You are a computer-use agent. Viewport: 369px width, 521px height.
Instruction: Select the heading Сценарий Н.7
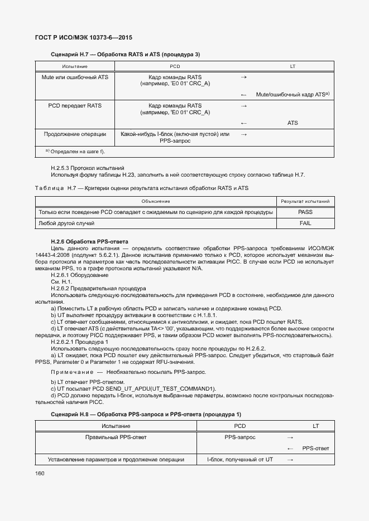pos(125,54)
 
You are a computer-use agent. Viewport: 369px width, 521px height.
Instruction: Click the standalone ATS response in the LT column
pos(293,123)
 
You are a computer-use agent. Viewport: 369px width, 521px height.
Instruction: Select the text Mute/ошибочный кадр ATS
pos(290,95)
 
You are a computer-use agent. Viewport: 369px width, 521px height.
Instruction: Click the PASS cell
pos(304,212)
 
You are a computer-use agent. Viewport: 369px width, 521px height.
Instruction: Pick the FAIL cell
pos(304,223)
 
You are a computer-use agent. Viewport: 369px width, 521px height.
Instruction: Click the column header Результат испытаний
pos(304,201)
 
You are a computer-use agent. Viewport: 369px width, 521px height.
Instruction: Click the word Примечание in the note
pos(71,372)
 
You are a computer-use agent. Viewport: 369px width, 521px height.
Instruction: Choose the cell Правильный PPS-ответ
pos(116,437)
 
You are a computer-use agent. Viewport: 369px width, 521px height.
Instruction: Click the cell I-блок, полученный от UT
pos(239,460)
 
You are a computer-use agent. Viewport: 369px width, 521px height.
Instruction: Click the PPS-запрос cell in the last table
pos(239,437)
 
